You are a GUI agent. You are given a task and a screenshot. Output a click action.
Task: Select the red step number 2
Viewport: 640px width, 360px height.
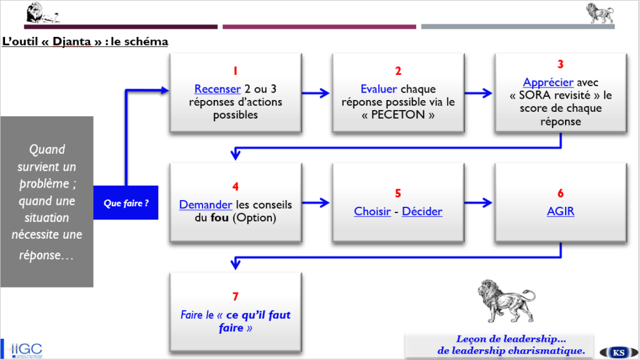(x=398, y=71)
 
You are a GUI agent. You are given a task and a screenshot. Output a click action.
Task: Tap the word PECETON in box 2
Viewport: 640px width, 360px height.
(x=398, y=115)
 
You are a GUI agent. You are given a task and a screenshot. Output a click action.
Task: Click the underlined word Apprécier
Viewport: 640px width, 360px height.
(x=547, y=82)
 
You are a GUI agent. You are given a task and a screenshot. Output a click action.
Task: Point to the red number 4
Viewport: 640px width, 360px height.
(x=235, y=186)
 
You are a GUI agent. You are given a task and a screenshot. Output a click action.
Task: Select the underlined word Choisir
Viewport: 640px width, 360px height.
(x=372, y=211)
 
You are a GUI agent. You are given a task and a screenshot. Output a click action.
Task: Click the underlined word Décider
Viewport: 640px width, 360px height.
(x=422, y=211)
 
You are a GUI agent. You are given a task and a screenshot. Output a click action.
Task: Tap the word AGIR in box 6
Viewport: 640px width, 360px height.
(x=560, y=211)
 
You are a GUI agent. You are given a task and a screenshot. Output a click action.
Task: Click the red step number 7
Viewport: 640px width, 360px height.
(x=235, y=296)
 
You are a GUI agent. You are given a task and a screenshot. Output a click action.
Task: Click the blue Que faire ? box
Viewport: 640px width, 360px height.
(x=126, y=203)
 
